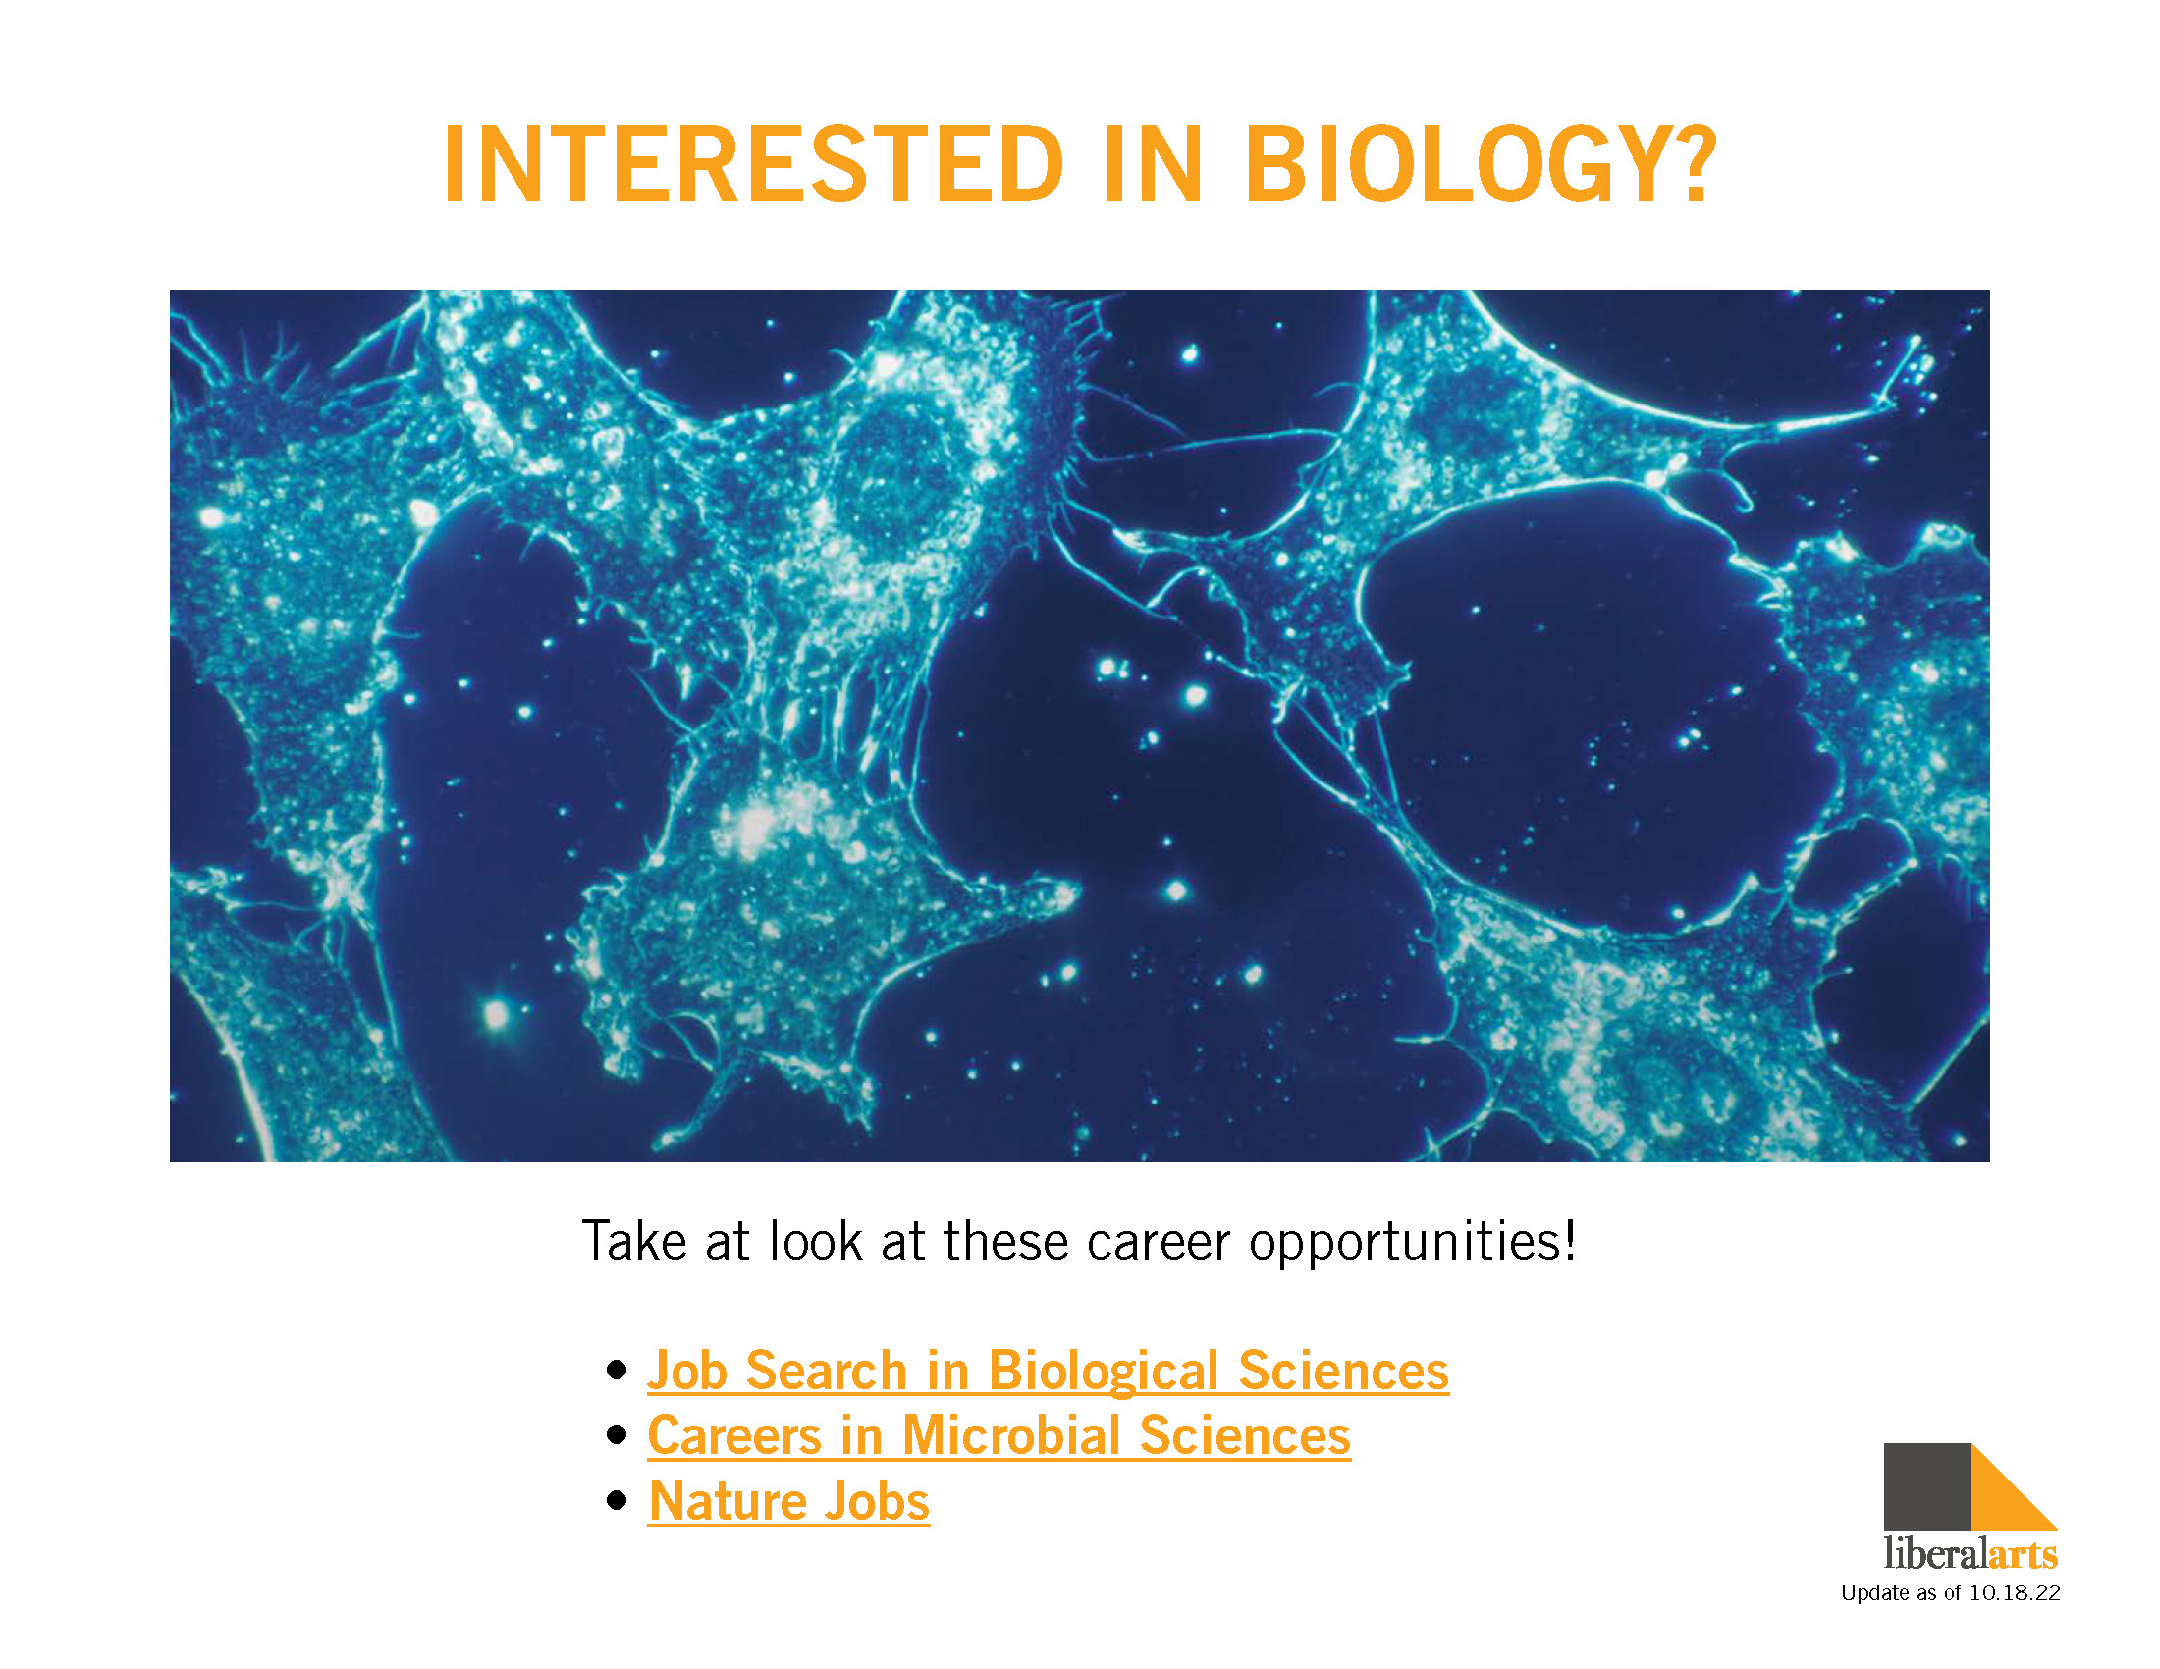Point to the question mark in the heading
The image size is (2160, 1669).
tap(1699, 164)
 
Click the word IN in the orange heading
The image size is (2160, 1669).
tap(1155, 164)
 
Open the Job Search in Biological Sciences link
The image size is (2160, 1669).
tap(1049, 1372)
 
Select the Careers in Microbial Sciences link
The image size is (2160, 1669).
tap(999, 1435)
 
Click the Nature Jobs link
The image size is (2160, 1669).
tap(789, 1501)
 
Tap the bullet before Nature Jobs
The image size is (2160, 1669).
tap(618, 1501)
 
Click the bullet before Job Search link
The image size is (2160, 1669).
tap(618, 1371)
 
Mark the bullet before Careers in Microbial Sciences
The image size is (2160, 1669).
tap(618, 1435)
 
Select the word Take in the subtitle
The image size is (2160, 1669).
tap(633, 1241)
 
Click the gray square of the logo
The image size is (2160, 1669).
tap(1926, 1486)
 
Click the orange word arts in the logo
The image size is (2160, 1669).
tap(2023, 1555)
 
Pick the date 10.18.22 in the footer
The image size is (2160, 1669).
tap(2015, 1592)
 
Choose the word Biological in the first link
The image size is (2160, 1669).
tap(1103, 1372)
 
